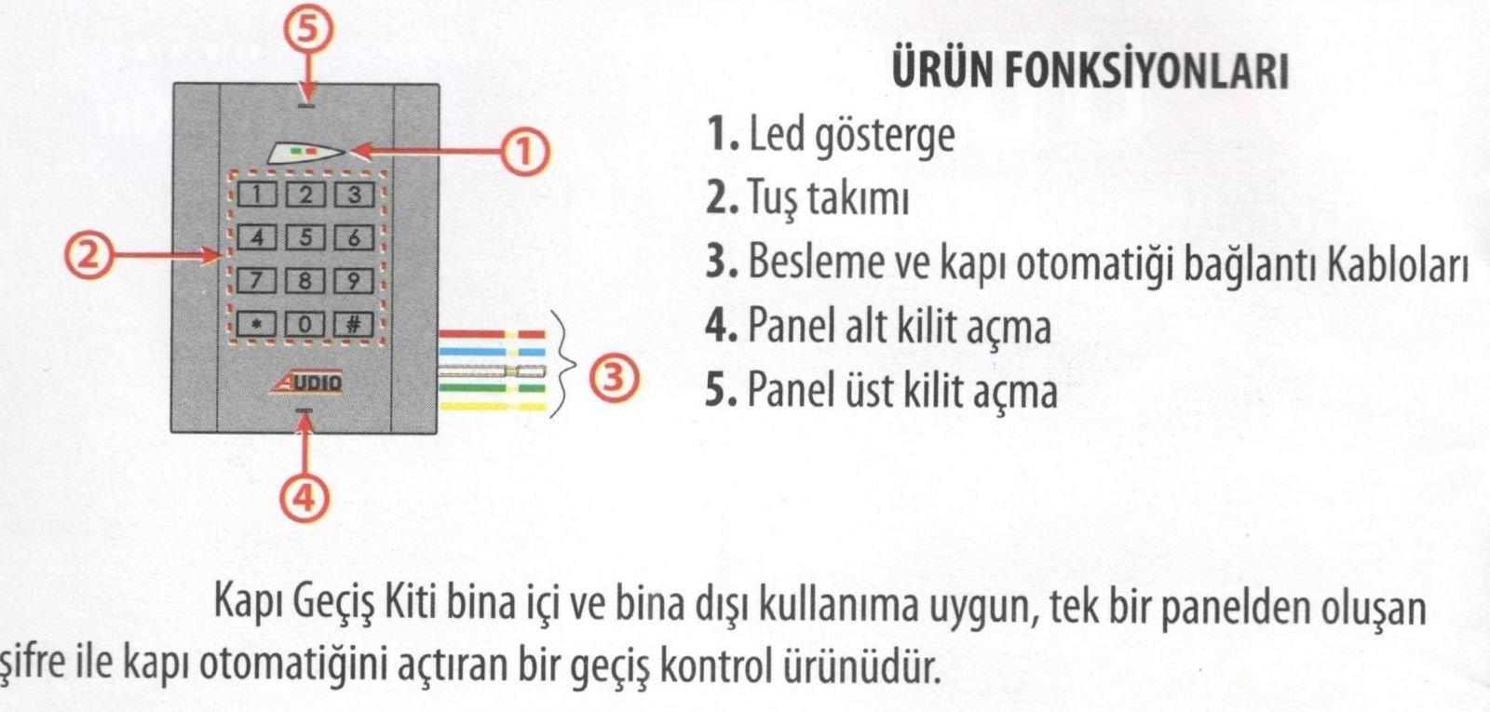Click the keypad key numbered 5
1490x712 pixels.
[x=305, y=237]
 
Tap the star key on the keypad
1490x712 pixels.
[x=257, y=325]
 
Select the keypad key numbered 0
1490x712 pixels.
[x=305, y=325]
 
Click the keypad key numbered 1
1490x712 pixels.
[x=257, y=195]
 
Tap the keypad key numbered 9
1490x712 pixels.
[x=353, y=280]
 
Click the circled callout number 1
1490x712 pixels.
[x=525, y=153]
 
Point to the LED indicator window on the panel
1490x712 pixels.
[x=305, y=154]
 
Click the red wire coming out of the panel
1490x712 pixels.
[x=492, y=334]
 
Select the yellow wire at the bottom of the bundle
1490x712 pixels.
[x=492, y=406]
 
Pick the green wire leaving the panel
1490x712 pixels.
[x=492, y=388]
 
